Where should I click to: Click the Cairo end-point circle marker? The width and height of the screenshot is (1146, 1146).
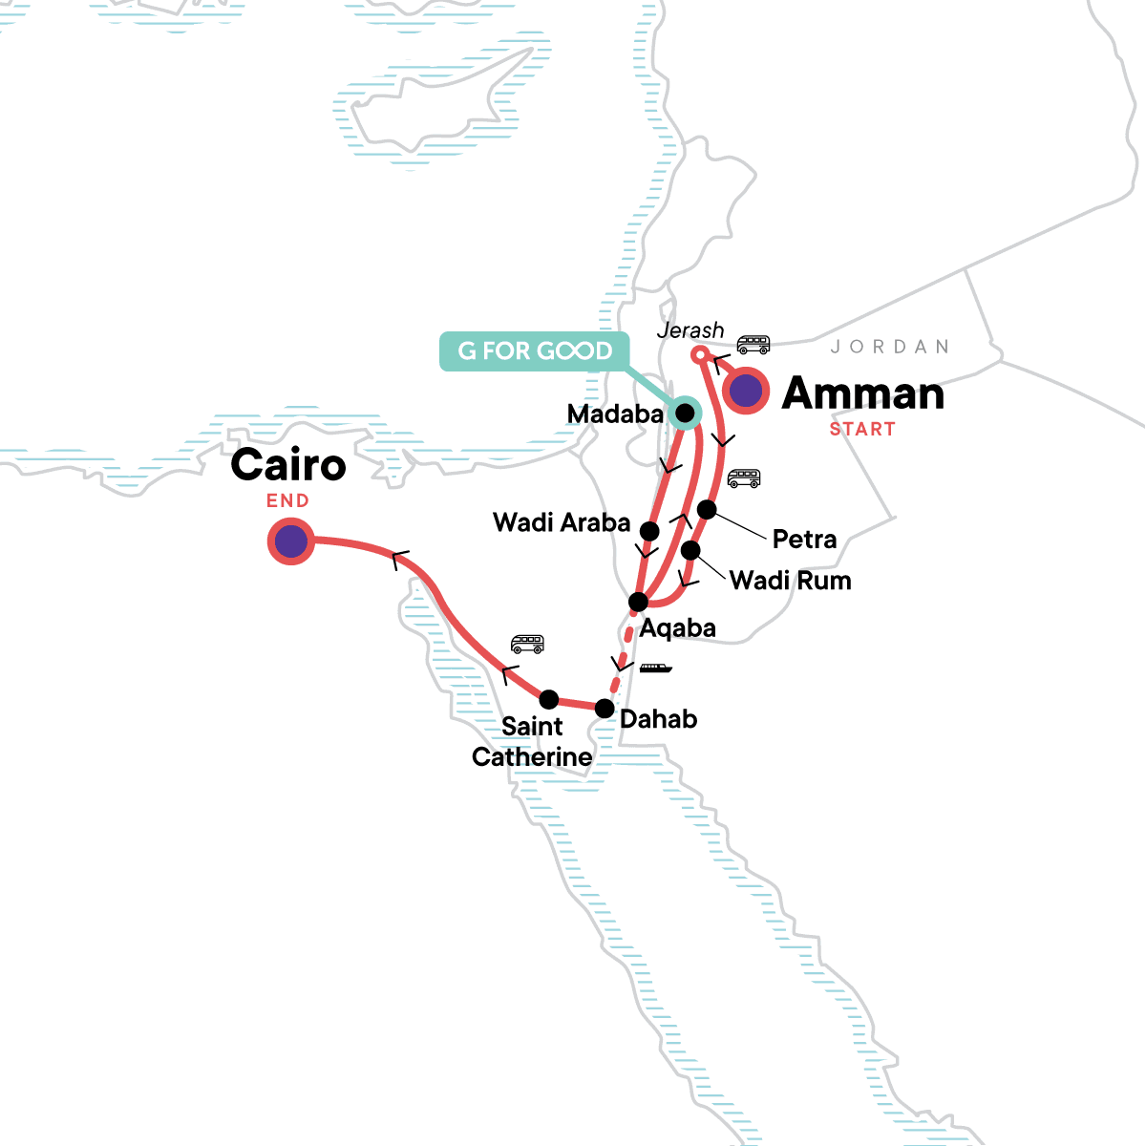click(x=291, y=541)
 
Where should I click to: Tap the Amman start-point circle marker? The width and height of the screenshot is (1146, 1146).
click(x=747, y=390)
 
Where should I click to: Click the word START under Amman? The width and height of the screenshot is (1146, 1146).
click(x=862, y=430)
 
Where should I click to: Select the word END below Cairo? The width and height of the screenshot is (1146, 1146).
click(x=287, y=500)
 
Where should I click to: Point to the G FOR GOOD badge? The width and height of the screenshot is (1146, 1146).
click(x=535, y=350)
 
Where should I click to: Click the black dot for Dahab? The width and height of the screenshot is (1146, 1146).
click(x=605, y=709)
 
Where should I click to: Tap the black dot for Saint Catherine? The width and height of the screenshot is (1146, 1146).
click(x=549, y=699)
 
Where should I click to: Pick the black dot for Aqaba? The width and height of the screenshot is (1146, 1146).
click(x=639, y=602)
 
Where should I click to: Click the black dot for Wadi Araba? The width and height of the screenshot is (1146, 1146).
click(x=649, y=531)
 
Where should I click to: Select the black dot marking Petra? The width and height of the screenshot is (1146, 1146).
click(x=707, y=509)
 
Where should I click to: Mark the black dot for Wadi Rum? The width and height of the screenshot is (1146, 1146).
click(x=690, y=550)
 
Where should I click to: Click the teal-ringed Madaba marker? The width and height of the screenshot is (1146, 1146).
click(x=685, y=413)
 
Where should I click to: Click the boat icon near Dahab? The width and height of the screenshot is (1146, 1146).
click(x=655, y=668)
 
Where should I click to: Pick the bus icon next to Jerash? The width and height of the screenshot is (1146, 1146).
click(x=753, y=344)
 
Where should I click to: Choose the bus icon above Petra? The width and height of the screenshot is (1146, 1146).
click(x=744, y=477)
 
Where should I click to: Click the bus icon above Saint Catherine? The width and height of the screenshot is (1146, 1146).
click(x=527, y=644)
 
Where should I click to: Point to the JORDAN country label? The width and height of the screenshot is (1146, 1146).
click(x=889, y=347)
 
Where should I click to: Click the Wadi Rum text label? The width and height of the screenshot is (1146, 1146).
click(x=790, y=581)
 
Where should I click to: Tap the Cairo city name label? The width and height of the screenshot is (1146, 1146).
click(x=287, y=465)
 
